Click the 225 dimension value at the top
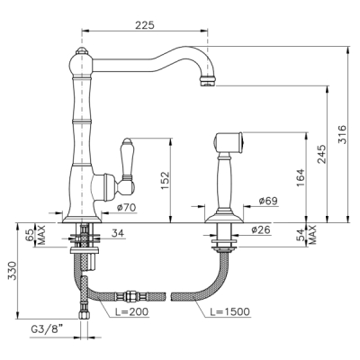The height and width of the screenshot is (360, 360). pos(145,25)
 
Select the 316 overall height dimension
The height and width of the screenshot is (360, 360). pos(342,134)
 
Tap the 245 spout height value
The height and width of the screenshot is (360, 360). pos(321,154)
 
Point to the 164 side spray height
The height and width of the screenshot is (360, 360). pos(301,178)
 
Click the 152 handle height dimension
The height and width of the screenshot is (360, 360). pos(165,180)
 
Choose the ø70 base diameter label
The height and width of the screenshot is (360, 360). pos(126,207)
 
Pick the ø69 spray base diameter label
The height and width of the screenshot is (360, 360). pos(268,201)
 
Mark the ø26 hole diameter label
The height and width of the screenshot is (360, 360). pos(261,229)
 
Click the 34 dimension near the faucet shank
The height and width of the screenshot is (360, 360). pos(117,233)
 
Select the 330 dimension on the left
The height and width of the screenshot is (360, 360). pos(12,271)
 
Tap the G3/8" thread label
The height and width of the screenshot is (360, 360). pos(48,329)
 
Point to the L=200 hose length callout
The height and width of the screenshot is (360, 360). pos(132,311)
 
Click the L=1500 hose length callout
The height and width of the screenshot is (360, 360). pos(229,311)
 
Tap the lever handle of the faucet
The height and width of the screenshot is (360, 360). pos(126,165)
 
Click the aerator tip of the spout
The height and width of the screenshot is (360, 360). pos(207,81)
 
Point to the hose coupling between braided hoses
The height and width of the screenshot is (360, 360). pos(130,297)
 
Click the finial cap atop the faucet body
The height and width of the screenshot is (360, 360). pos(82,50)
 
